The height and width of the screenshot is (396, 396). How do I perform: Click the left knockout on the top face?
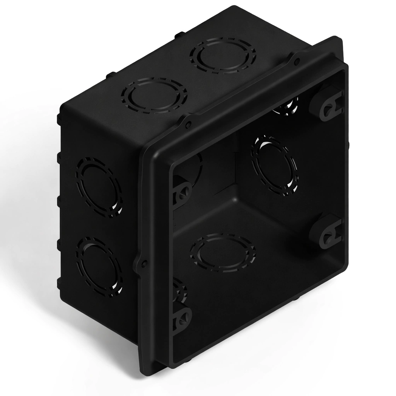[154, 95]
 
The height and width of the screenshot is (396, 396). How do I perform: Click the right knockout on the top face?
[223, 55]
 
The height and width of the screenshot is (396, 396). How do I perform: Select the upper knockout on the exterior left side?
[99, 187]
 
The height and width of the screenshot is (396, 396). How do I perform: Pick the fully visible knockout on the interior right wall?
[275, 166]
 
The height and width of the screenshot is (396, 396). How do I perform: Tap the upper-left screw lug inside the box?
[182, 191]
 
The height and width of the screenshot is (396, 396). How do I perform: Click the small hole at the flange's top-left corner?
[188, 124]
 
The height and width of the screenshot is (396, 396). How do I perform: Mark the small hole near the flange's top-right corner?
[297, 61]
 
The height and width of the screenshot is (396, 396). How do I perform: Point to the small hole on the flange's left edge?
[144, 264]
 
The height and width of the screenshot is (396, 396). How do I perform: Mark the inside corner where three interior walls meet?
[234, 186]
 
